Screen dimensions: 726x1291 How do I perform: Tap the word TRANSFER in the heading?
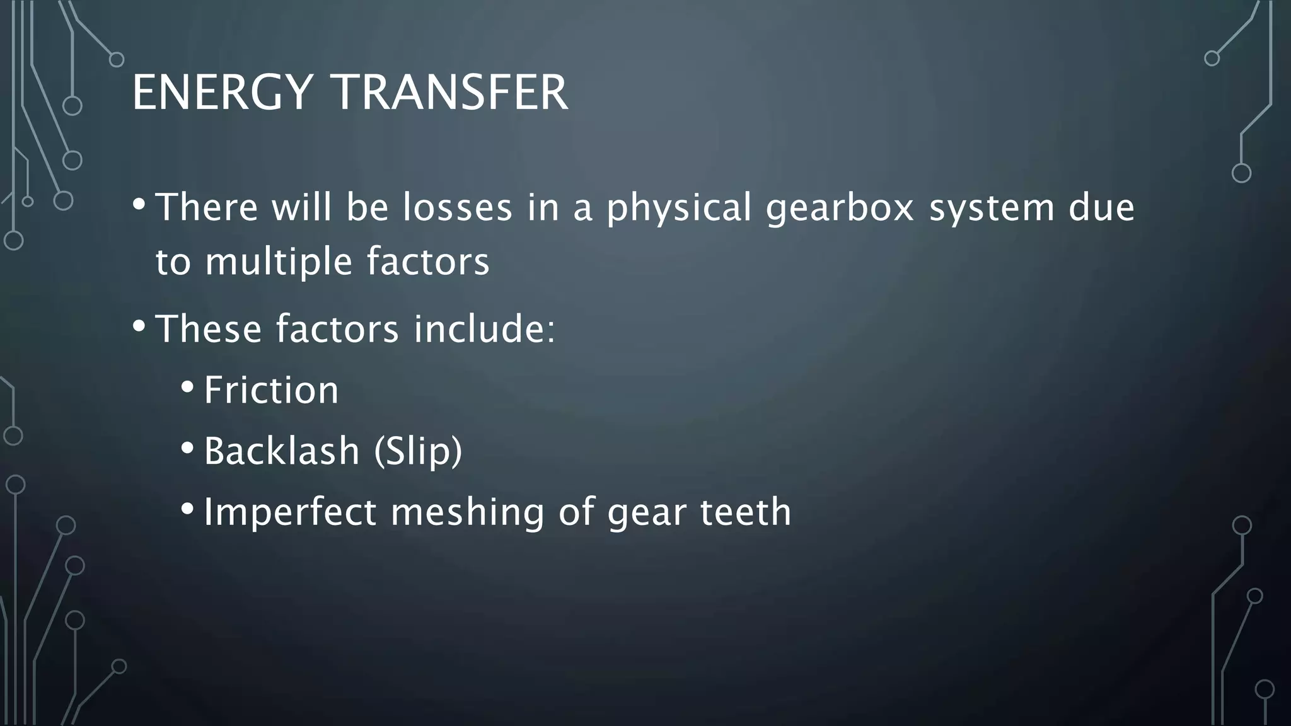click(x=451, y=93)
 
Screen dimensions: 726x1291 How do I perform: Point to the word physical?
click(x=679, y=209)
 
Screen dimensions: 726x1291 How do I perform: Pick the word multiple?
click(x=278, y=262)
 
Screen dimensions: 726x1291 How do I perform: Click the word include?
click(x=484, y=329)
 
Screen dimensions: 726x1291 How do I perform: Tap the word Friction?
click(x=271, y=390)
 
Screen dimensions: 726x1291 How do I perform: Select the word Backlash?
click(x=281, y=451)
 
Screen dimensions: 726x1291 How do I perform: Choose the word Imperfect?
click(x=289, y=511)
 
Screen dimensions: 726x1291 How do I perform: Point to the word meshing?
click(x=467, y=512)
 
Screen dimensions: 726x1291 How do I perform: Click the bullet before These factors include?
click(x=139, y=326)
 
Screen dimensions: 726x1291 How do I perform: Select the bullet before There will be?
click(x=139, y=204)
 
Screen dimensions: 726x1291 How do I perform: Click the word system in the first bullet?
click(x=992, y=209)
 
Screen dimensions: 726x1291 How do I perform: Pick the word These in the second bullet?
click(x=208, y=329)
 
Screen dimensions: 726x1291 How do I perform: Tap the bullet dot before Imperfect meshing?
click(x=187, y=508)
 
